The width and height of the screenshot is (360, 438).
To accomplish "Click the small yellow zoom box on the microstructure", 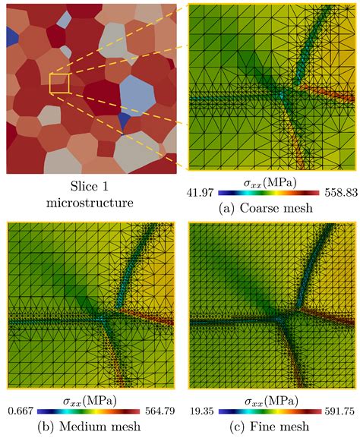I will pyautogui.click(x=59, y=84).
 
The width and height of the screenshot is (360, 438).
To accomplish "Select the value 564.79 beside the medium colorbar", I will pyautogui.click(x=159, y=411).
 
